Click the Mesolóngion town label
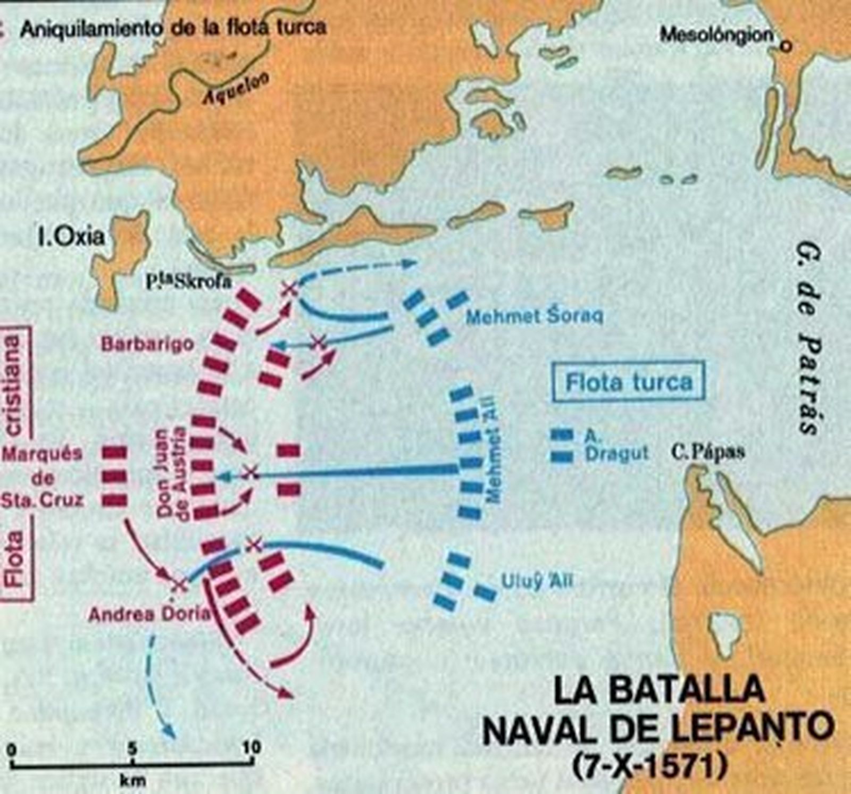(x=716, y=35)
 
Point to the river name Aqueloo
(x=236, y=89)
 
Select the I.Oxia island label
(x=71, y=237)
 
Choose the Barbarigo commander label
(x=147, y=344)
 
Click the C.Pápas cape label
(x=707, y=453)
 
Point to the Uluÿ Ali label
(x=537, y=581)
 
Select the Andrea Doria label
(x=149, y=615)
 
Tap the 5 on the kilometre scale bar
(x=132, y=749)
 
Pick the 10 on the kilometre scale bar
(x=251, y=748)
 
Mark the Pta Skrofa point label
(x=189, y=281)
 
